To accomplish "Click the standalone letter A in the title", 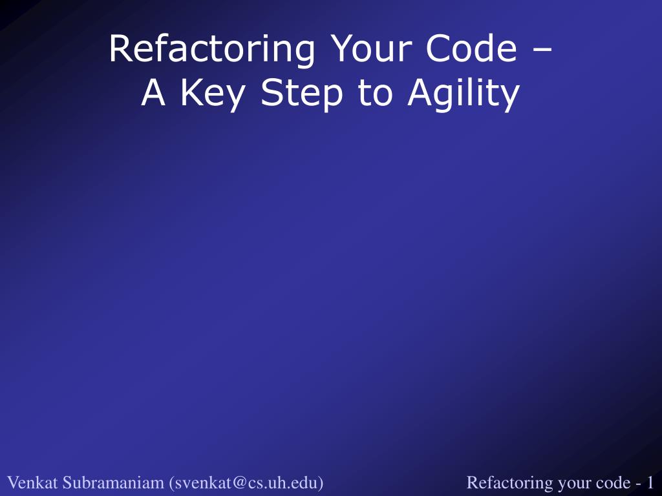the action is coord(153,93).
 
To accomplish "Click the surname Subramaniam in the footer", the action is coord(113,482).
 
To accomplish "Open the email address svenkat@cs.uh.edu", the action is coord(246,482).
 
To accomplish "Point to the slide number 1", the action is coord(650,482).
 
